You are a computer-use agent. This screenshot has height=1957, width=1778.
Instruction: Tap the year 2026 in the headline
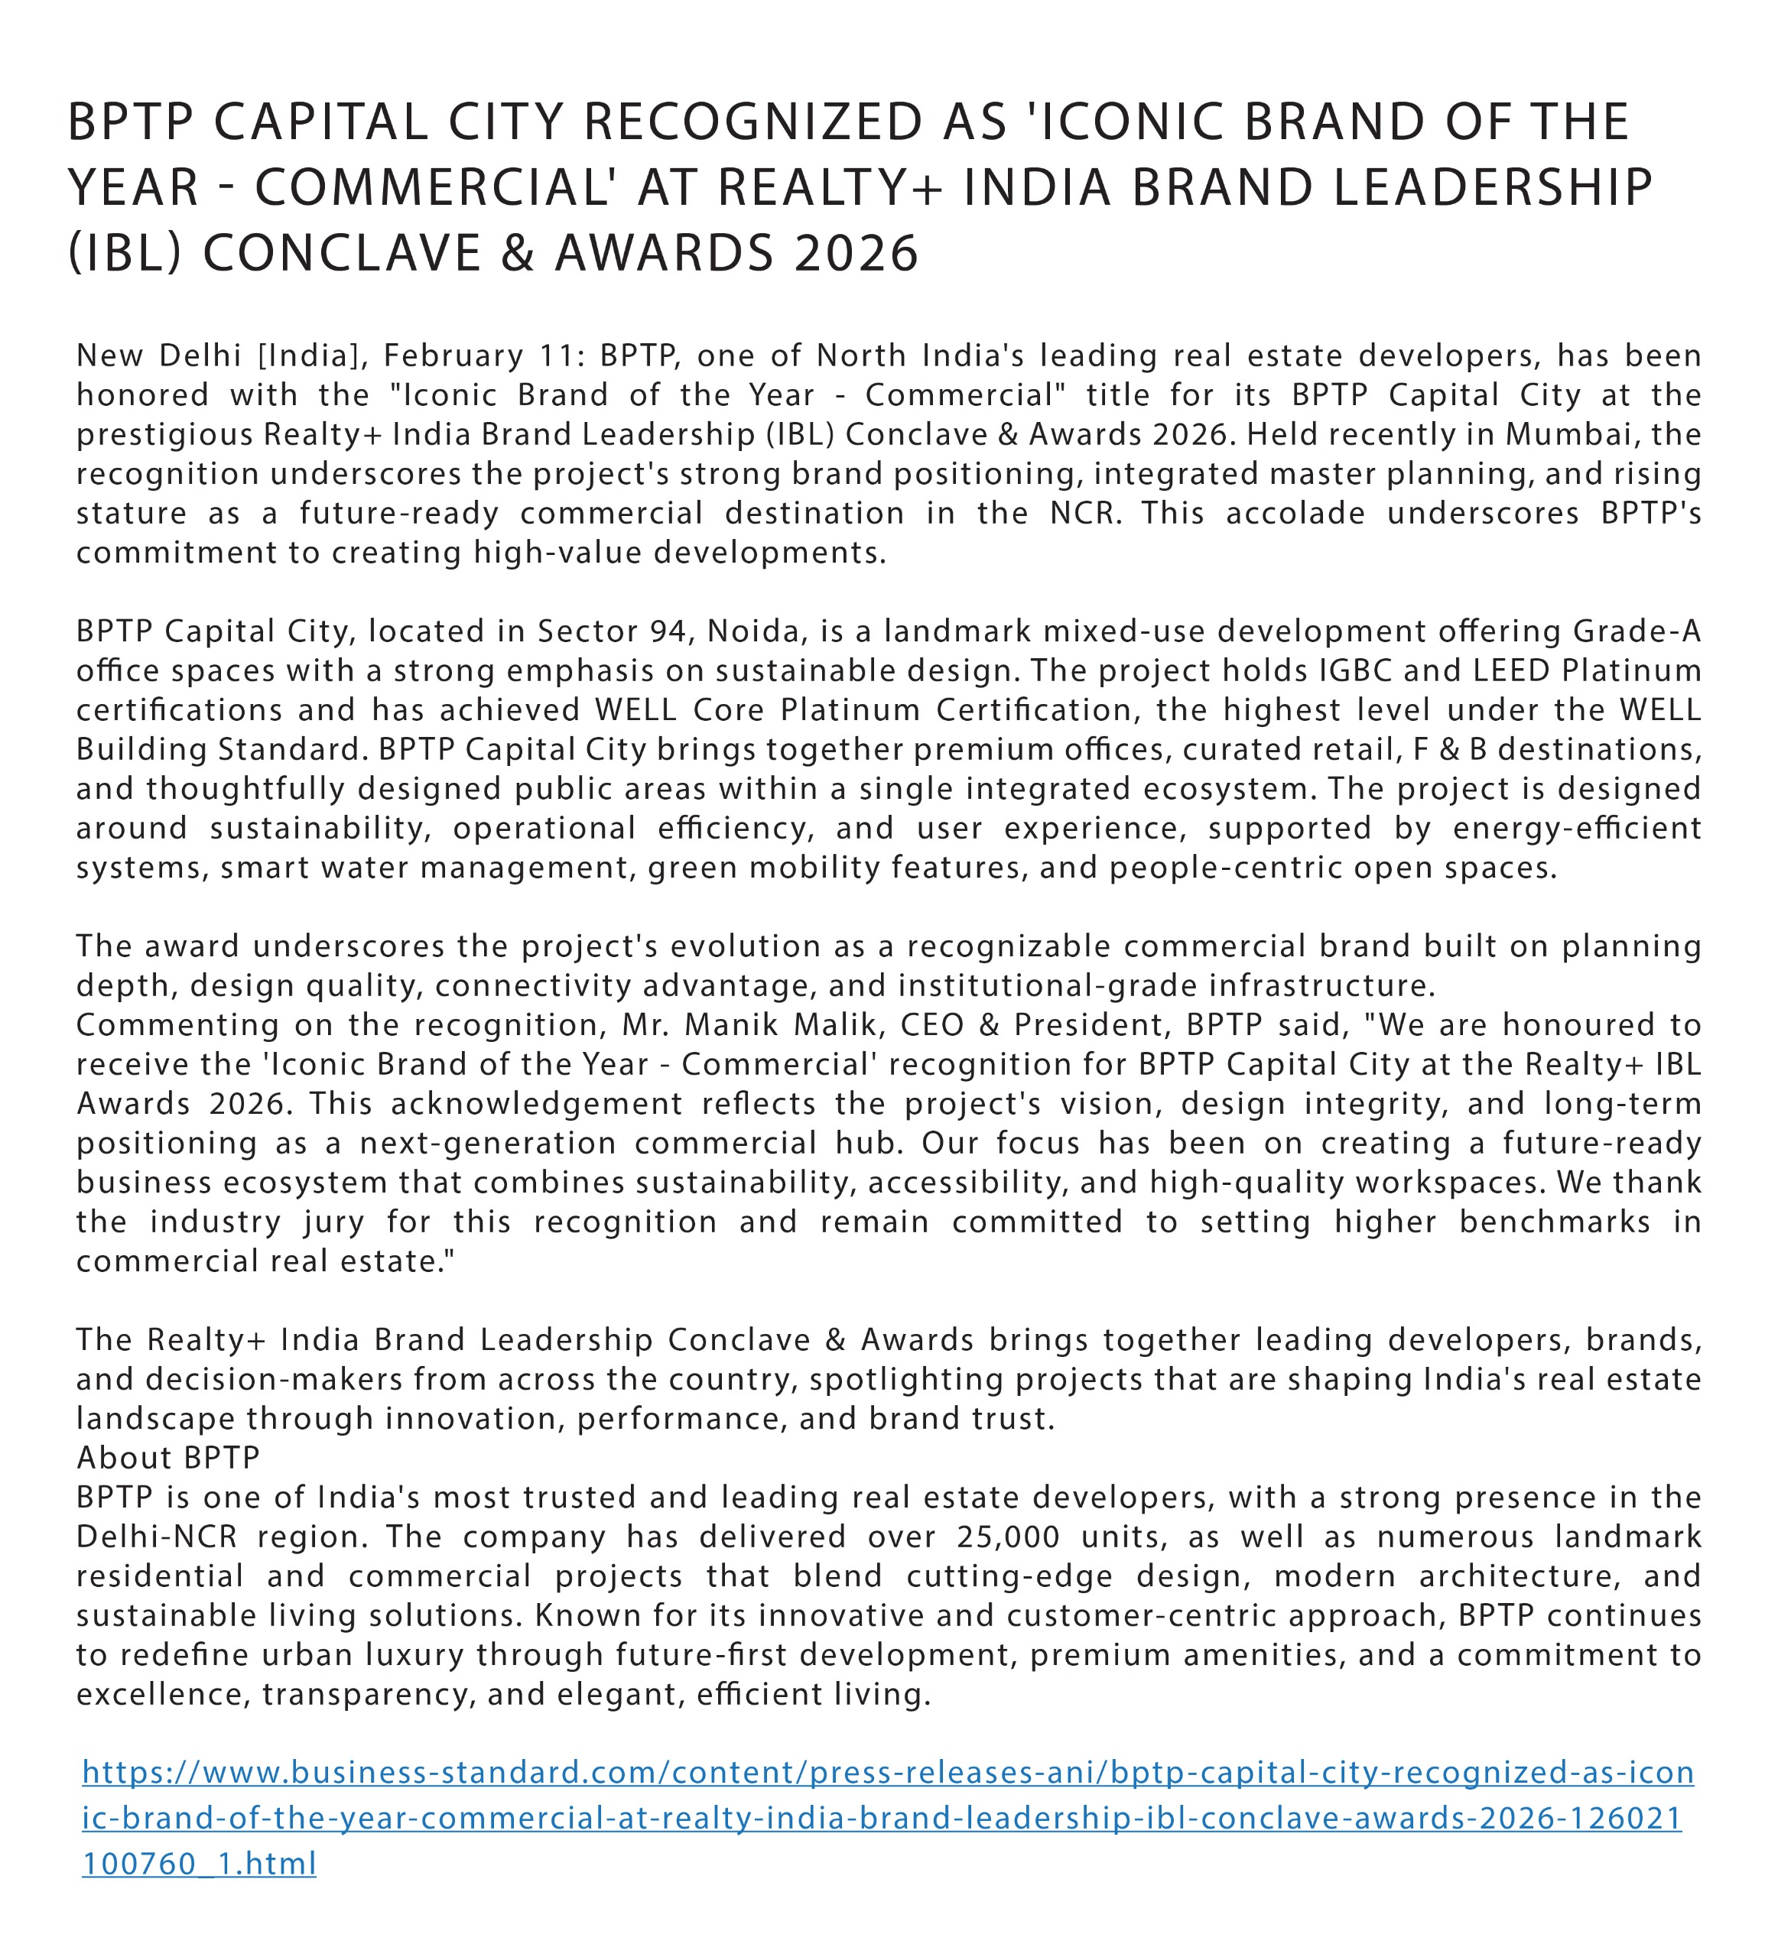pyautogui.click(x=856, y=253)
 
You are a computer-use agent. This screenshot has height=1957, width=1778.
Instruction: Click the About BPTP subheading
pyautogui.click(x=168, y=1458)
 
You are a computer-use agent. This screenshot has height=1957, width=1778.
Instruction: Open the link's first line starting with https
pyautogui.click(x=888, y=1773)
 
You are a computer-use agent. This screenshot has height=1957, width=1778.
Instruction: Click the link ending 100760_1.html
pyautogui.click(x=199, y=1864)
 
